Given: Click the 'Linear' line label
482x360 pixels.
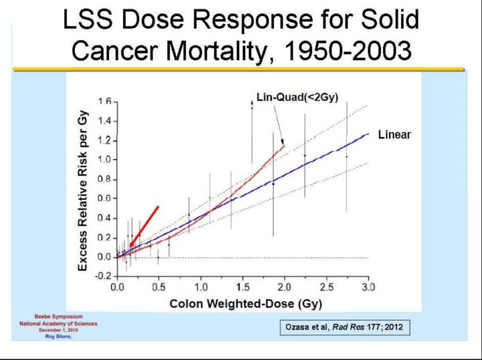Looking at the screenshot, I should pos(394,135).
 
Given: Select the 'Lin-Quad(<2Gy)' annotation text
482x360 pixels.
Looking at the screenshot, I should pos(298,98).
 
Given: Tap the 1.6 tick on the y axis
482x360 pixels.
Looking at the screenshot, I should pos(104,102).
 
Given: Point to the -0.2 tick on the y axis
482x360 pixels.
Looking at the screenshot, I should pos(102,276).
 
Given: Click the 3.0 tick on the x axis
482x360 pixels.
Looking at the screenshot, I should pos(368,287).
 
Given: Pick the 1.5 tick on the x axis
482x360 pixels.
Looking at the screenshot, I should pos(242,287).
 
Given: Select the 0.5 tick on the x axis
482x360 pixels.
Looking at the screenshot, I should pos(159,287).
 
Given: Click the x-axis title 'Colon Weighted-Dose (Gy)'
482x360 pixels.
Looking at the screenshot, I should pos(246,304).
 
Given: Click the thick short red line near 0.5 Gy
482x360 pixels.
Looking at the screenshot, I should pos(143,226).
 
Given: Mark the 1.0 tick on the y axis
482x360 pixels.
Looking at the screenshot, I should pos(104,160).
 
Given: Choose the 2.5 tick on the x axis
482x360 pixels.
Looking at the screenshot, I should pos(326,287).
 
